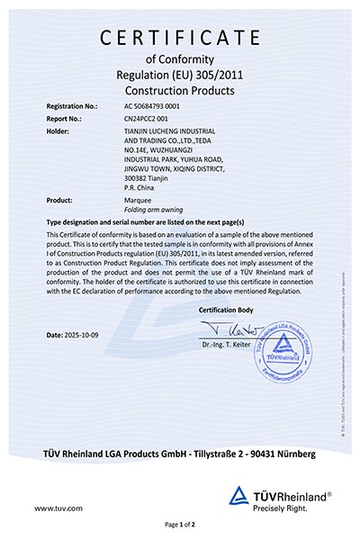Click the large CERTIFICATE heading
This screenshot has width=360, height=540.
pos(180,37)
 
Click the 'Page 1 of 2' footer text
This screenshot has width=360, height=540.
pos(180,524)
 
